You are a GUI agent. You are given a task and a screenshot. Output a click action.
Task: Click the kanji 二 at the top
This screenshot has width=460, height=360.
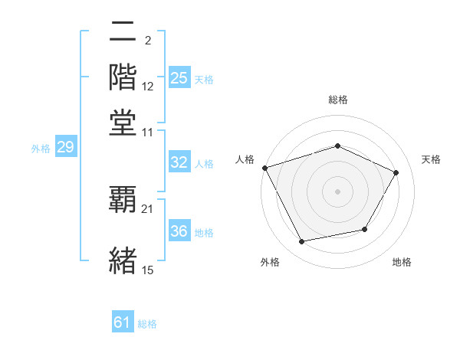tap(123, 33)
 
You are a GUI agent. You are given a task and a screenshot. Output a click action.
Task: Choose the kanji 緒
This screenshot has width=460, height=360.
tap(123, 258)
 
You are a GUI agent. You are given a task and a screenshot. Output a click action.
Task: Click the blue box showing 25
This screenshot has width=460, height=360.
tap(179, 78)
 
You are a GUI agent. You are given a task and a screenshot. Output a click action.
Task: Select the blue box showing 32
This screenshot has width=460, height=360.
tap(179, 162)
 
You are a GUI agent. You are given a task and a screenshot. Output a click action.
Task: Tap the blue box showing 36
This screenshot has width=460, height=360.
tap(179, 231)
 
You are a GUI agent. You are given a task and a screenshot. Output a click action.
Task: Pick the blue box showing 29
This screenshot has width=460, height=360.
tap(65, 148)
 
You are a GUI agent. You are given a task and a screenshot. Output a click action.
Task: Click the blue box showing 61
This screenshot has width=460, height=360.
tap(123, 322)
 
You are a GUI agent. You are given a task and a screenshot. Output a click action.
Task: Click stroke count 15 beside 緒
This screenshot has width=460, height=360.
tap(148, 269)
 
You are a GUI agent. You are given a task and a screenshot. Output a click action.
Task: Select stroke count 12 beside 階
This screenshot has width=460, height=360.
tap(148, 86)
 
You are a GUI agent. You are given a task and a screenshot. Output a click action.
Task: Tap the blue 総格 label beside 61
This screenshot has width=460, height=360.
tap(147, 324)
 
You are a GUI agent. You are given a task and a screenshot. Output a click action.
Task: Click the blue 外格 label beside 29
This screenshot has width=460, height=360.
tap(40, 149)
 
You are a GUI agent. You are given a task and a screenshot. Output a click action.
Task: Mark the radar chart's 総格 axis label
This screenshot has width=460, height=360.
tap(337, 100)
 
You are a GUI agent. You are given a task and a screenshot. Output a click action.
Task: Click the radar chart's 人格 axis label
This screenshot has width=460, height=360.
tap(245, 159)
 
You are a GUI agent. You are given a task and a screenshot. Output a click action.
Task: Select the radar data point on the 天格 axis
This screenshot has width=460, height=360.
tap(396, 172)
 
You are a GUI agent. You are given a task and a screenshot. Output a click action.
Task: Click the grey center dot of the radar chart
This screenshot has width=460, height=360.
tap(337, 191)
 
